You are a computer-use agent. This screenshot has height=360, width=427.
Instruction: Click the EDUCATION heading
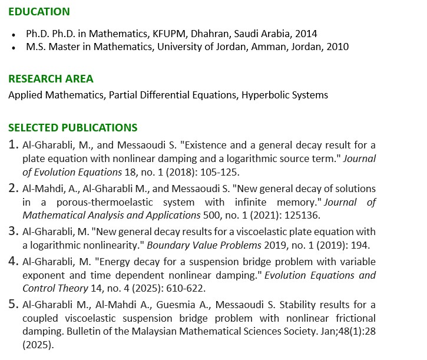coord(39,12)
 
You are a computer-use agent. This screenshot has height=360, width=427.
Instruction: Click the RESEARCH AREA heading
coord(51,79)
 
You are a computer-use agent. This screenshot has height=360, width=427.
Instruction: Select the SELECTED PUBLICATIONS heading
coord(72,128)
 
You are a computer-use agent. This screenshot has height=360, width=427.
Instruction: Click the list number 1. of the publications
coord(14,144)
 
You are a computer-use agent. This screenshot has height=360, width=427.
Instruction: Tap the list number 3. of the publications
coord(14,230)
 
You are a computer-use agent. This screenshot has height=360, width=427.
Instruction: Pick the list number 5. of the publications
coord(14,304)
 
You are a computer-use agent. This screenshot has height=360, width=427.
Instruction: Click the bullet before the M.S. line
coord(14,47)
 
